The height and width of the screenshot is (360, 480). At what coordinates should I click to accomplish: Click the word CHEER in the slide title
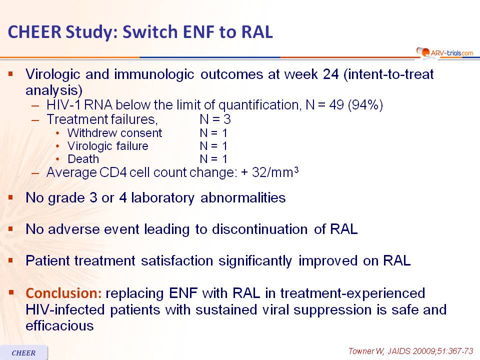[34, 32]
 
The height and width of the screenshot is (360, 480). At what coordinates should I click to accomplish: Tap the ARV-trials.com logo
[445, 52]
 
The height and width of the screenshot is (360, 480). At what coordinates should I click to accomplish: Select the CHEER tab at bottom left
[24, 352]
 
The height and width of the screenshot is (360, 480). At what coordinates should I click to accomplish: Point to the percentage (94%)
[365, 105]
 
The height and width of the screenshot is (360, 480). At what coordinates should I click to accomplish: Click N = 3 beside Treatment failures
[215, 119]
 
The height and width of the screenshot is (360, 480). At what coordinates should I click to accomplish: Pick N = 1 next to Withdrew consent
[213, 133]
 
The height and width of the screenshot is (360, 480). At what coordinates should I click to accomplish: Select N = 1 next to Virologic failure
[213, 146]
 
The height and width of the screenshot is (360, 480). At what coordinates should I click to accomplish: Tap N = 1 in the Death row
[213, 159]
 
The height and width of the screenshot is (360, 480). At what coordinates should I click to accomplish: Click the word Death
[83, 159]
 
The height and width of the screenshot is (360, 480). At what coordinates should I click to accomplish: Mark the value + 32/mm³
[269, 172]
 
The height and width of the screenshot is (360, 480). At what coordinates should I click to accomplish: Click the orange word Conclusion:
[63, 293]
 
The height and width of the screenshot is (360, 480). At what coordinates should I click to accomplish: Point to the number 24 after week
[330, 74]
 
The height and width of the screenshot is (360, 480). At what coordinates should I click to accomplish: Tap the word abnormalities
[243, 198]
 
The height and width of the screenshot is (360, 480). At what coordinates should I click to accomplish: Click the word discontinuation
[259, 229]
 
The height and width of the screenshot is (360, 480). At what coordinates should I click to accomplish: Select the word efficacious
[59, 325]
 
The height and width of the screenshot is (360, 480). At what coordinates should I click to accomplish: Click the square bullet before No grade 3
[11, 197]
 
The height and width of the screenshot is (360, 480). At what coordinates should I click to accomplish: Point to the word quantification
[258, 105]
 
